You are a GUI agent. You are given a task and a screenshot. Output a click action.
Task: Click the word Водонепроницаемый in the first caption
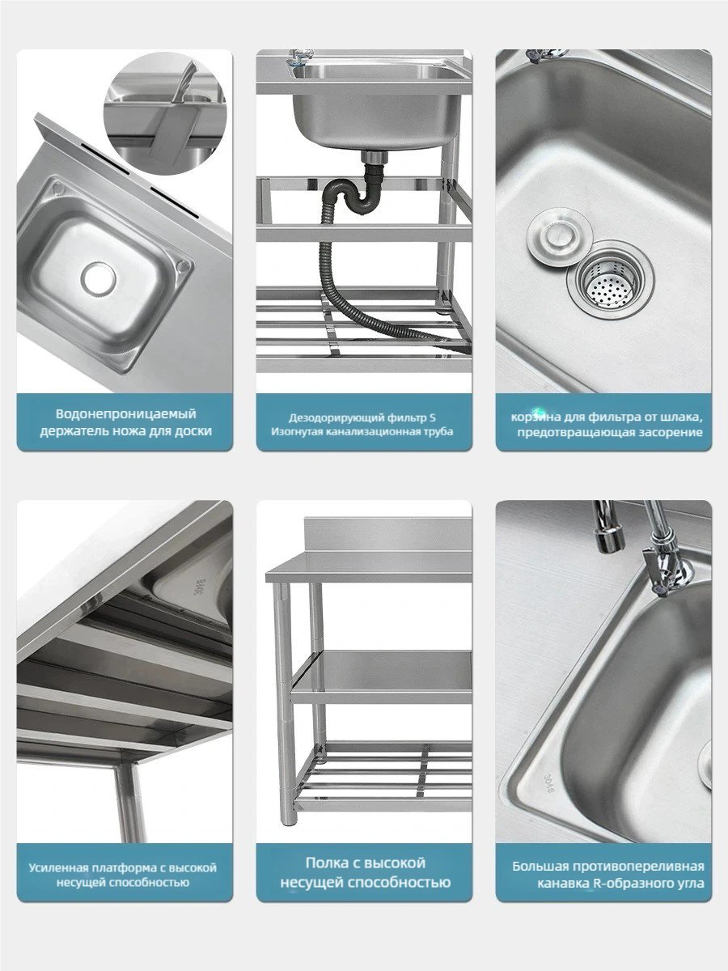pos(125,414)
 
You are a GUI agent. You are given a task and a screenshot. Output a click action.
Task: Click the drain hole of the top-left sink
pos(98,278)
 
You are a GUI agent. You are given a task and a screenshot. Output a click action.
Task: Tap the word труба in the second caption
pos(438,431)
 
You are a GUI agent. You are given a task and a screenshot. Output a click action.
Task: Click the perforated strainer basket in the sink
pos(610,280)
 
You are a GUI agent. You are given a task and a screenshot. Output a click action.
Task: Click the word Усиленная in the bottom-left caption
pos(57,868)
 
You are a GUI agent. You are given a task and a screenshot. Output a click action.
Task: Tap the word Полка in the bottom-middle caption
pos(327,863)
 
